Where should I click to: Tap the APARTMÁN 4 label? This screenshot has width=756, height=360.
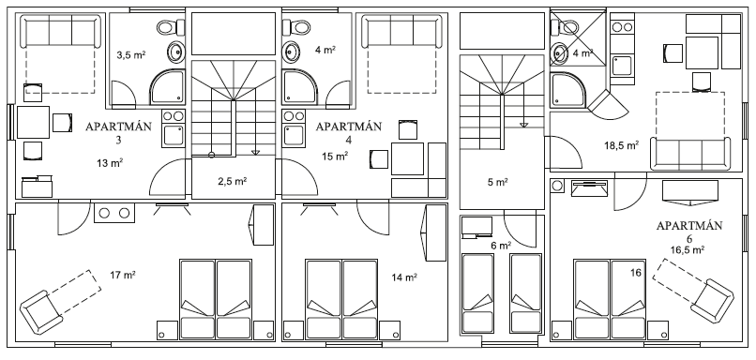tap(349, 132)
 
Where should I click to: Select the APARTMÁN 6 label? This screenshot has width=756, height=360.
tap(689, 232)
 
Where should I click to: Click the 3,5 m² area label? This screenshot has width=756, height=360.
tap(131, 54)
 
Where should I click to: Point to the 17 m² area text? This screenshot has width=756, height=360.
tap(123, 276)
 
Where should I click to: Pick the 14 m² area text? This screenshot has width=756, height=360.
tap(404, 277)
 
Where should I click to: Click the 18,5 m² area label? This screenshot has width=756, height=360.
tap(622, 145)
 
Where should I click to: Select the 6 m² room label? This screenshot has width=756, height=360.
tap(501, 246)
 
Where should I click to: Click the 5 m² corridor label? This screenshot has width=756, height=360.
tap(497, 182)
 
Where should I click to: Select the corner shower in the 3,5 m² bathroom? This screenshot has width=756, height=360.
tap(167, 87)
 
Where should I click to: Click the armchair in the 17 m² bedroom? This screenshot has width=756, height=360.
tap(41, 312)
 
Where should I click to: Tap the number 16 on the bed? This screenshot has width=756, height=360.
tap(635, 273)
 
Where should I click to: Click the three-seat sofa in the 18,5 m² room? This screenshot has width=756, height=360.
tap(689, 154)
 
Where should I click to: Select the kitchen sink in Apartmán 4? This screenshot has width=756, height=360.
tap(294, 135)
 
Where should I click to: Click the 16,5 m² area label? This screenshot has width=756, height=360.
tap(688, 249)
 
